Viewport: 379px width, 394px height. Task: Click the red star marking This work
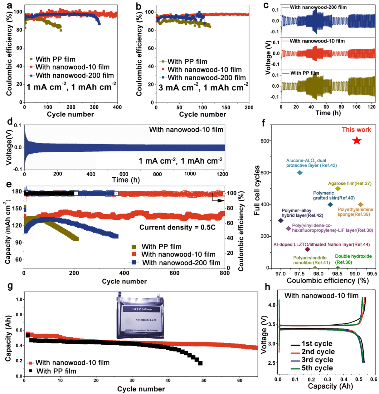click(x=357, y=141)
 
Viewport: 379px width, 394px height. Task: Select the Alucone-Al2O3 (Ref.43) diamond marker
click(x=300, y=173)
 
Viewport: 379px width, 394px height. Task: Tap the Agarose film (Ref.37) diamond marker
click(x=338, y=189)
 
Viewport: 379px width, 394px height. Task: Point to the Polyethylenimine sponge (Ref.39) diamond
click(x=361, y=204)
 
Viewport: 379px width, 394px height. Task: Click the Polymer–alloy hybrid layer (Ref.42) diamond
click(x=281, y=220)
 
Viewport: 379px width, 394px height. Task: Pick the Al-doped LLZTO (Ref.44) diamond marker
click(x=307, y=249)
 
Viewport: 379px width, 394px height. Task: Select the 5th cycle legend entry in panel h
click(x=312, y=368)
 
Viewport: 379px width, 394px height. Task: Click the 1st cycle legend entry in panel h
click(x=312, y=344)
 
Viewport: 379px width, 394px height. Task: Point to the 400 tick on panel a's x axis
click(x=117, y=107)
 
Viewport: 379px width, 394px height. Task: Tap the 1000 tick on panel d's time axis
click(x=190, y=174)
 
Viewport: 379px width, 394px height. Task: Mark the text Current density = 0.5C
click(x=177, y=227)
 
